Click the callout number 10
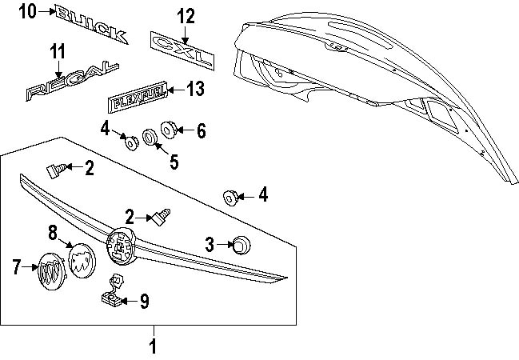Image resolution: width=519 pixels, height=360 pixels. (28, 10)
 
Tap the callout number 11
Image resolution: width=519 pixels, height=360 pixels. (56, 52)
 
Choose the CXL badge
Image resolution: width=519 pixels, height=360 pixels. (182, 50)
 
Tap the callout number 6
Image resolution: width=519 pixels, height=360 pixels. (200, 130)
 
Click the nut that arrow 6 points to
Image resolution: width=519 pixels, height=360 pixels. (169, 128)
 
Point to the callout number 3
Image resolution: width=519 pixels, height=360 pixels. (209, 245)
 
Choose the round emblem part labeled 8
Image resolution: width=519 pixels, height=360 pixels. (81, 258)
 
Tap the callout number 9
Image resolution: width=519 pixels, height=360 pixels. (144, 302)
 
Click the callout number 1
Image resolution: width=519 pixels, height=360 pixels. (154, 346)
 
